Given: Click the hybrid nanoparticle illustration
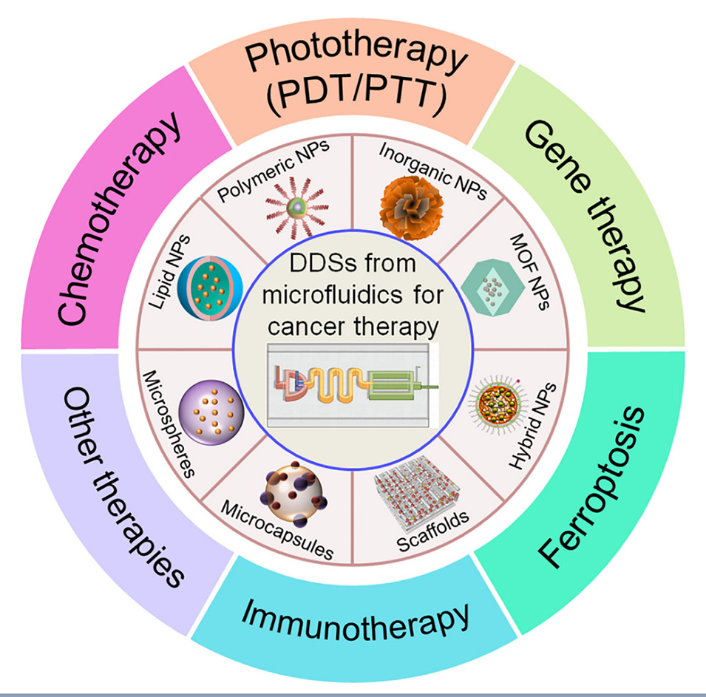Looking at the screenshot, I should point(498,403).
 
